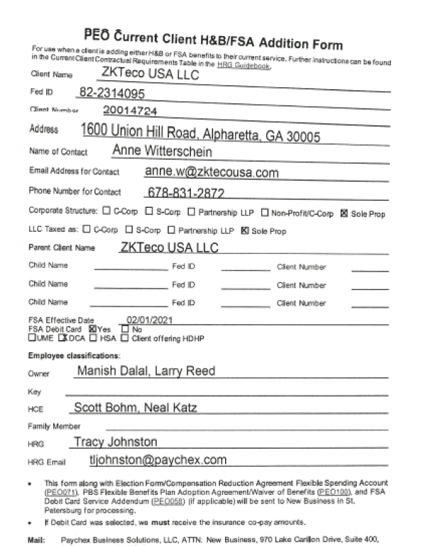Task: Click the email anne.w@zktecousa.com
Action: (211, 172)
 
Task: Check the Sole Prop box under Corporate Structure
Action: (344, 211)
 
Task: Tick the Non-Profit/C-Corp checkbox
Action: (264, 211)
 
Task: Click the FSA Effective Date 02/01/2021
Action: (151, 321)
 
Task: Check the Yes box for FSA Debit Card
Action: (92, 329)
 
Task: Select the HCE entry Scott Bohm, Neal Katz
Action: (135, 407)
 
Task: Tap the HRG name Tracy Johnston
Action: (115, 442)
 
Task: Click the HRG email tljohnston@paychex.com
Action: (158, 459)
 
